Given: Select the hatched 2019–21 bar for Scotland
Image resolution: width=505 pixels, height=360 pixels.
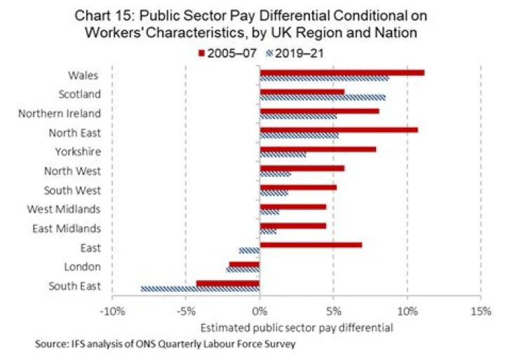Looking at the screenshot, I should point(322,97).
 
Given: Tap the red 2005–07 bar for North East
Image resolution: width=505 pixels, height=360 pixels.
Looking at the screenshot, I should point(338,130).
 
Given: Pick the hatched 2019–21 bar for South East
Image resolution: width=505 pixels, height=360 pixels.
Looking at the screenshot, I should point(200,288).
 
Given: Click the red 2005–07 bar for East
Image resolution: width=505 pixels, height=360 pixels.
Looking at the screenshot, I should point(311,245).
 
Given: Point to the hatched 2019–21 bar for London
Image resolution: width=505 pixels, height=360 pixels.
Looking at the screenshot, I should point(243,269).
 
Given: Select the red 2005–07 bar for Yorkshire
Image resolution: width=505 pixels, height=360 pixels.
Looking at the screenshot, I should point(318,149).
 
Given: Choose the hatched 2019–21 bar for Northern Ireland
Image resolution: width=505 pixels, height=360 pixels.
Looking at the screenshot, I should point(297,116).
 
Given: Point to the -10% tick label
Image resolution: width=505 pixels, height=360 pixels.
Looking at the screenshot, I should point(113,312).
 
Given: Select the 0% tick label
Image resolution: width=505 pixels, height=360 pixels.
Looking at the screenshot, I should point(260,312).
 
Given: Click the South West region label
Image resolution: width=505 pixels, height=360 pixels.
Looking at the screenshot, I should point(72,190).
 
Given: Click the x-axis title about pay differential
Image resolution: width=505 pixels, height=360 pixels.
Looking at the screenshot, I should point(297,328).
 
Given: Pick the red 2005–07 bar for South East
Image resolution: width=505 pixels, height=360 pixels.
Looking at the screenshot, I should point(228,283).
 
